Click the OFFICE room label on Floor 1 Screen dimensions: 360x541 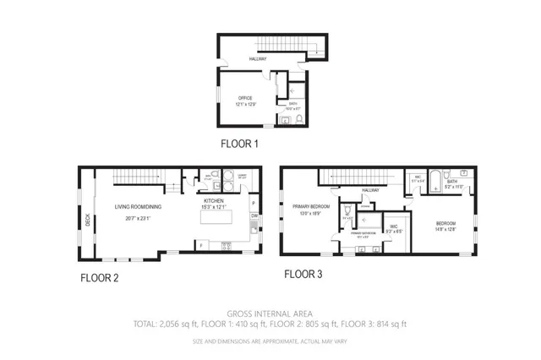tap(245, 98)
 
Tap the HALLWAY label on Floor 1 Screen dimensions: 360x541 tap(258, 59)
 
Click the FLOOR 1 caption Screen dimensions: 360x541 tap(238, 144)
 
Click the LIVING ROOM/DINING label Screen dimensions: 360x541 tap(139, 206)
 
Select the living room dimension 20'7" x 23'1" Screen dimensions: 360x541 tap(139, 217)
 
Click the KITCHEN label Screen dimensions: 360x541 tap(212, 200)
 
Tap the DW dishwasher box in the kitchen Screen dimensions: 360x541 tap(254, 216)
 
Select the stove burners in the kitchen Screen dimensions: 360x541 tap(227, 246)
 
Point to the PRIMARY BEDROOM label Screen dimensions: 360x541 tap(310, 206)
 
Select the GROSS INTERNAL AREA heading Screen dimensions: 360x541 tap(270, 313)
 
